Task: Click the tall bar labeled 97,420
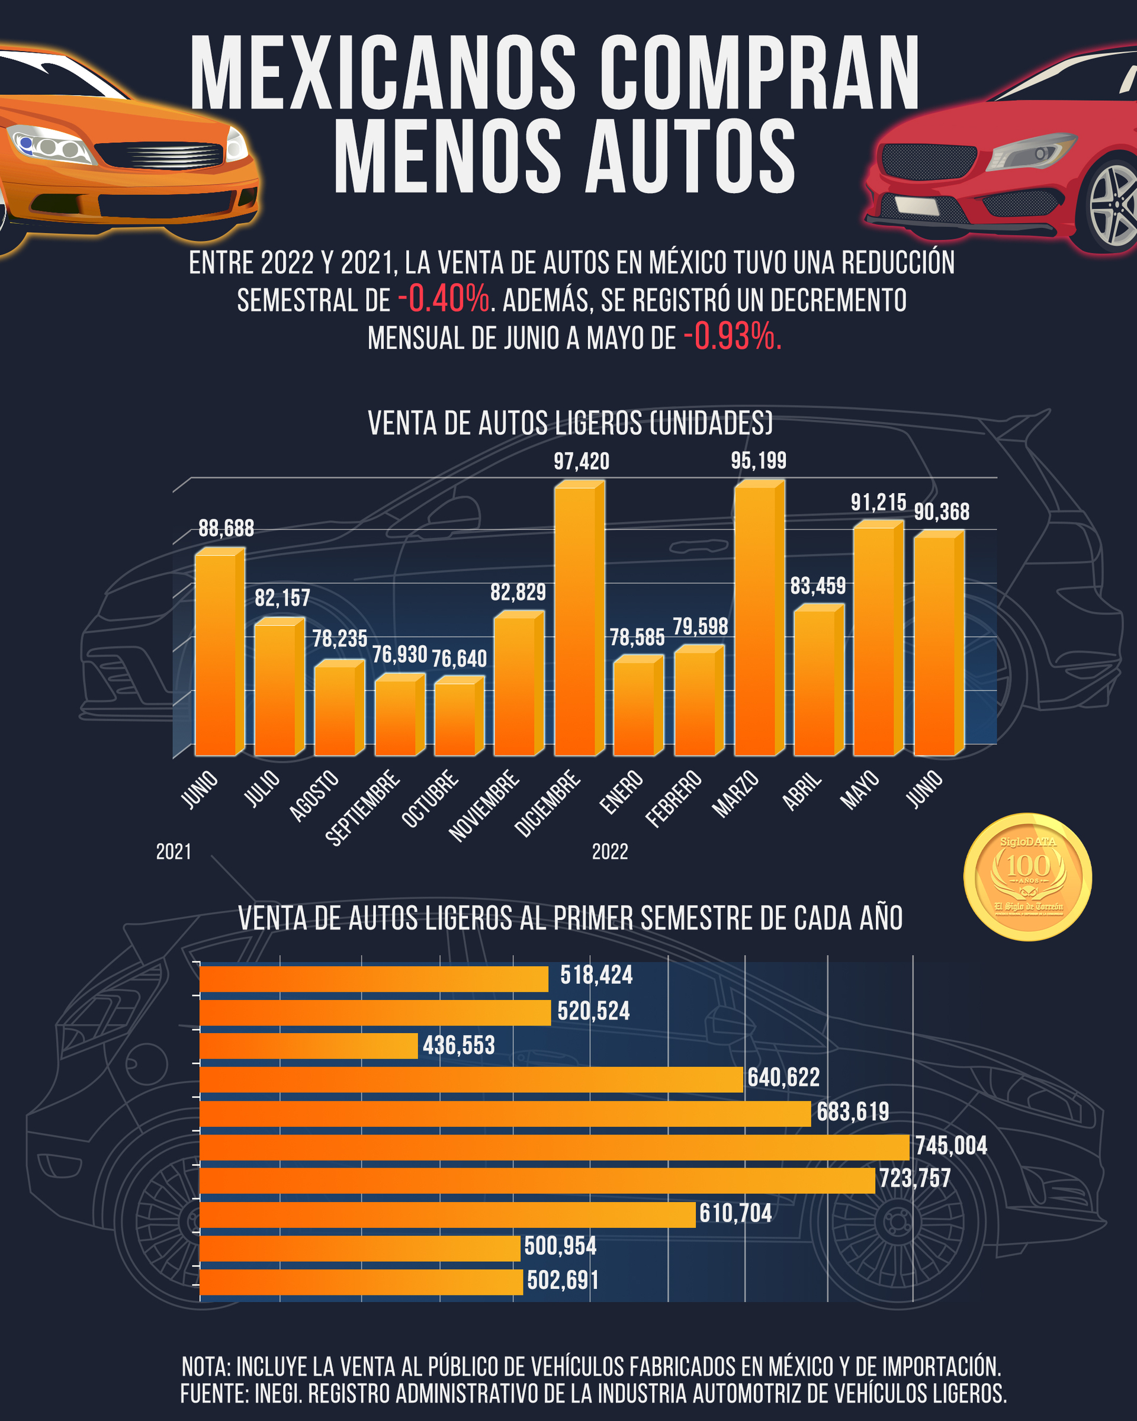tap(576, 619)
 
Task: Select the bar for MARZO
tap(756, 619)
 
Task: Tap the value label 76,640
tap(459, 658)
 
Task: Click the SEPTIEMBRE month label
tap(362, 807)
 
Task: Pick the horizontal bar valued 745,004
tap(554, 1147)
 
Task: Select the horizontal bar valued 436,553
tap(309, 1045)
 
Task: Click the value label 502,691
tap(563, 1280)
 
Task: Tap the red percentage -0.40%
tap(444, 299)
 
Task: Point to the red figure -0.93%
tap(731, 337)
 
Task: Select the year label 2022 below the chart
tap(610, 851)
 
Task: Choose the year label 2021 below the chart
tap(174, 851)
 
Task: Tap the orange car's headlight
tap(49, 145)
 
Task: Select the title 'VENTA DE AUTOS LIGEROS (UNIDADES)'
tap(570, 423)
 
